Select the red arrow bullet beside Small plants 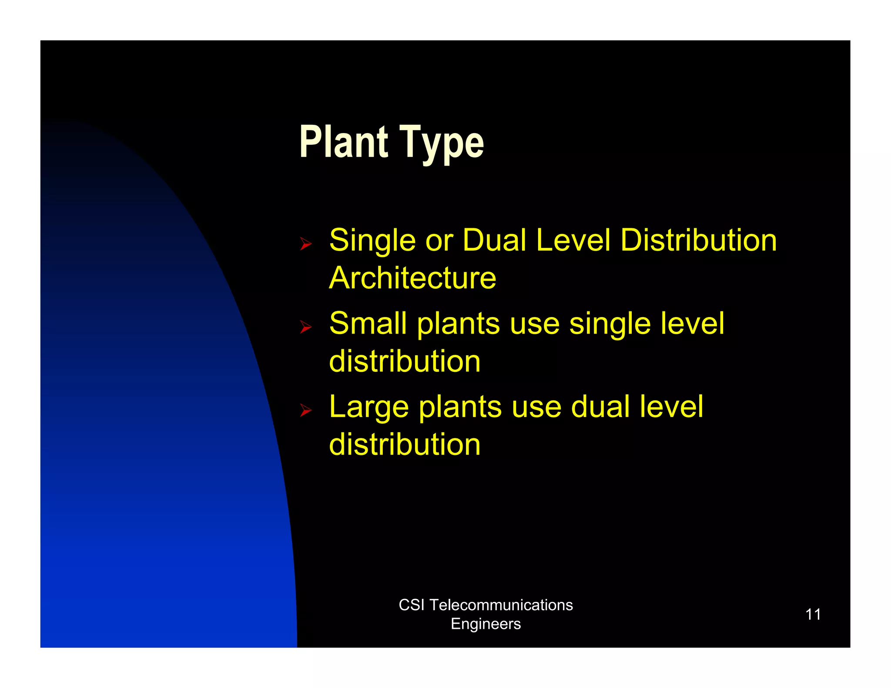306,327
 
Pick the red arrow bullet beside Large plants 306,410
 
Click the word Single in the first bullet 372,240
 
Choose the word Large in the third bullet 369,407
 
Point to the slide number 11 813,614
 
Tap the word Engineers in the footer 486,624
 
